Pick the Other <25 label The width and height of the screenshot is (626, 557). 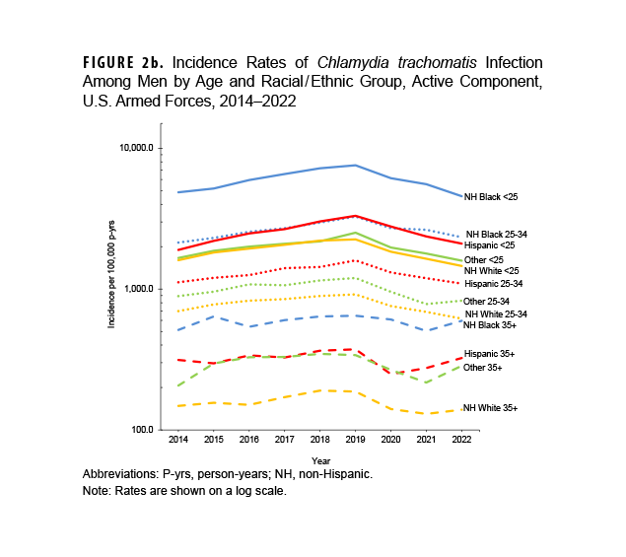point(483,259)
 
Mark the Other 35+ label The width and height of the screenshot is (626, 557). point(482,368)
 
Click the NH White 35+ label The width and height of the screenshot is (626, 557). point(490,407)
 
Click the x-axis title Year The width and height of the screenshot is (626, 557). point(320,460)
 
